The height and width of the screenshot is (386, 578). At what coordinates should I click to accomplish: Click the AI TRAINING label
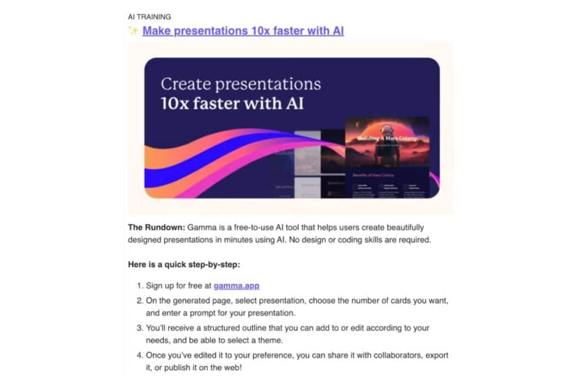click(150, 17)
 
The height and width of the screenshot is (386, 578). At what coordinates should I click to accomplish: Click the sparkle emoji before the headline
click(133, 31)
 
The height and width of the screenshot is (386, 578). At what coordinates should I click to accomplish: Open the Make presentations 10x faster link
click(243, 31)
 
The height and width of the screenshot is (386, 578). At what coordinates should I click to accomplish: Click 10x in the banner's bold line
click(177, 105)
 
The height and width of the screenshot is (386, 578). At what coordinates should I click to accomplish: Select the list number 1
click(141, 286)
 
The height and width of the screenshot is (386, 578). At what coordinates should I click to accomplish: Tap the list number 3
click(141, 328)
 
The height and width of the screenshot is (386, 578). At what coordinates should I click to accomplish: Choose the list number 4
click(141, 355)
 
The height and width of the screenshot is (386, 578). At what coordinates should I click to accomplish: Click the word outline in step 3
click(262, 328)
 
